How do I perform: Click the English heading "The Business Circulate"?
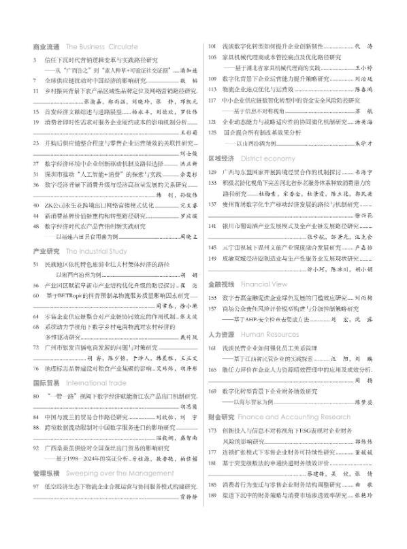pyautogui.click(x=95, y=48)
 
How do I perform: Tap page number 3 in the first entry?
pyautogui.click(x=35, y=60)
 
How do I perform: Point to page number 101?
pyautogui.click(x=212, y=46)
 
